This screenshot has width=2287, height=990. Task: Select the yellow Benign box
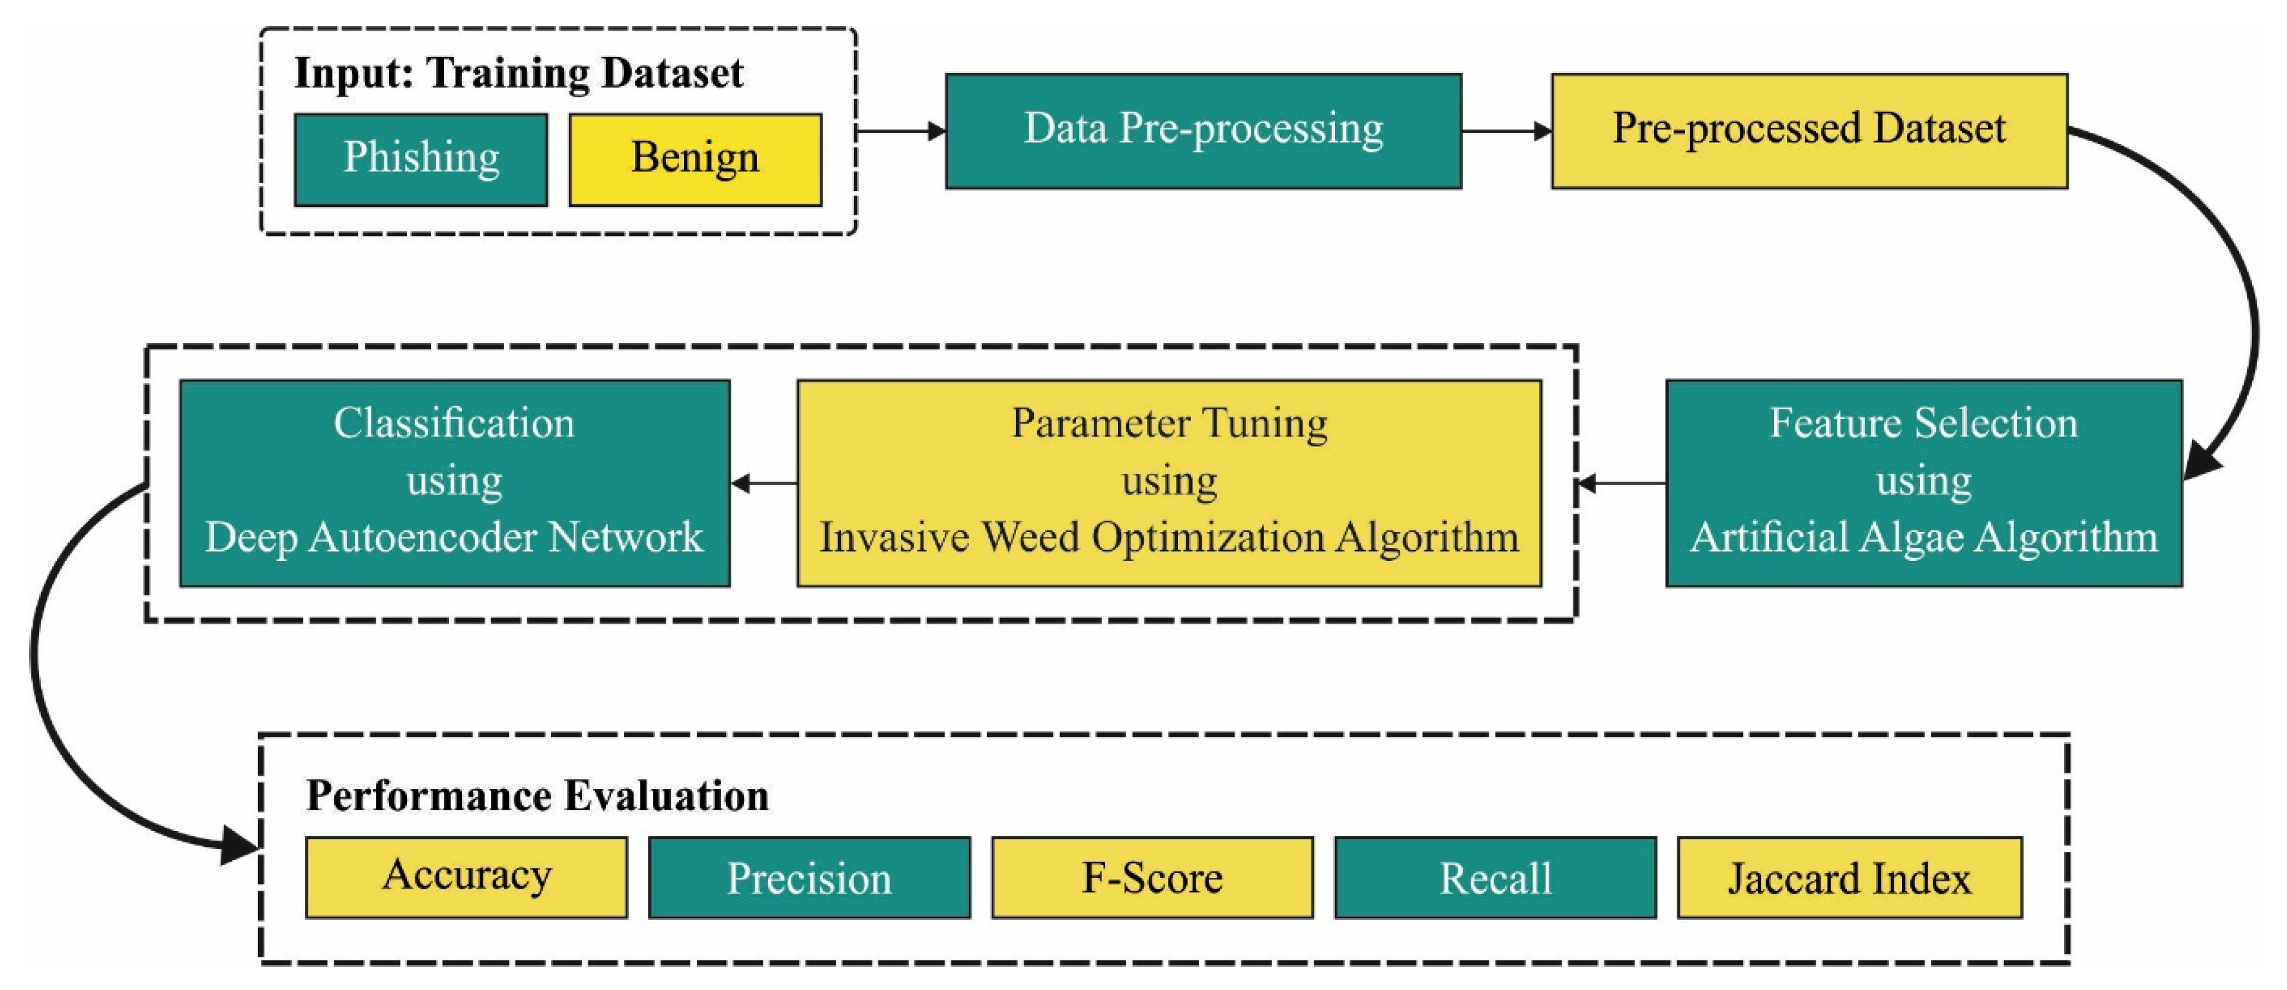695,160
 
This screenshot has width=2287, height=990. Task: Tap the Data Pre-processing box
1203,130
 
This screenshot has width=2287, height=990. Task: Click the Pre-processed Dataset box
1808,130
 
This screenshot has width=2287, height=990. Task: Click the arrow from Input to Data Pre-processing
899,132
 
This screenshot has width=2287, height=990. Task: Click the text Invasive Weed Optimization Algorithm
1168,538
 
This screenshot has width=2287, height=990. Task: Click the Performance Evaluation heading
537,795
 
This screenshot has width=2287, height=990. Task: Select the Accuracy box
466,877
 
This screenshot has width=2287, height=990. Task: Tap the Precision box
809,877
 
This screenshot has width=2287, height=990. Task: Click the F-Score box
1151,877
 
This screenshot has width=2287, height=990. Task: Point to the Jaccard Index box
1849,877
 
